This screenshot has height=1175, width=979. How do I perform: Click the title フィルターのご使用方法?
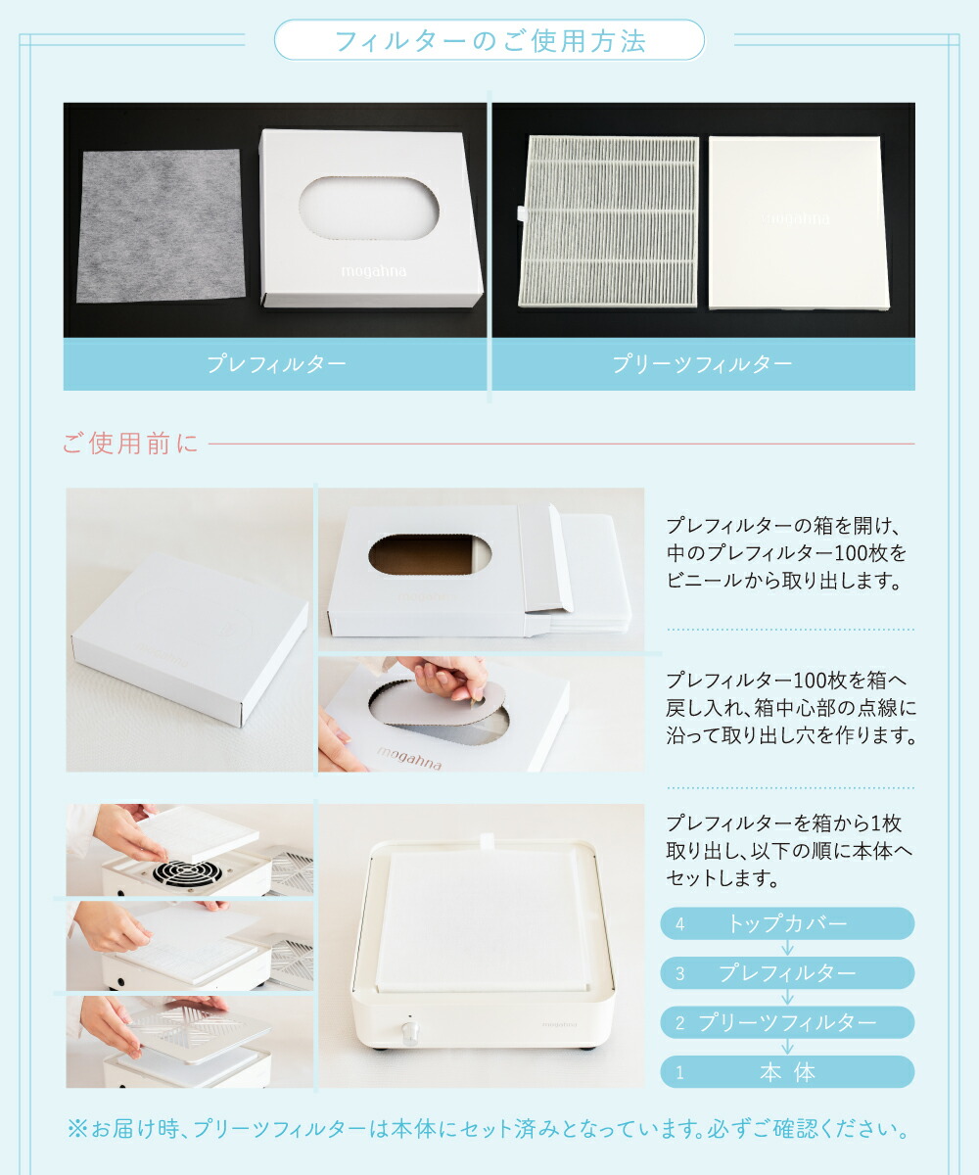tap(489, 41)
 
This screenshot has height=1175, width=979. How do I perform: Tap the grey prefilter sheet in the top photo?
tap(160, 225)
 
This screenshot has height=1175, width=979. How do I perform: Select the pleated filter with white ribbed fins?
tap(613, 222)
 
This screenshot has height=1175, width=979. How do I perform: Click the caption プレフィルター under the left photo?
tap(275, 364)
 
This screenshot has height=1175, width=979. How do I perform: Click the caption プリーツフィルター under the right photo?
tap(702, 364)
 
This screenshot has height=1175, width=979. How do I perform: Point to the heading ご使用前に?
tap(130, 444)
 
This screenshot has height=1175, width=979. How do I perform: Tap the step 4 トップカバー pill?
tap(787, 923)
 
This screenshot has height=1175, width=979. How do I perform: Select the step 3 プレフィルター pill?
tap(787, 972)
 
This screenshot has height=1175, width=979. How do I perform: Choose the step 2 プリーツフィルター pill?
tap(787, 1022)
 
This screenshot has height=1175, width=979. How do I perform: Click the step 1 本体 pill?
tap(787, 1071)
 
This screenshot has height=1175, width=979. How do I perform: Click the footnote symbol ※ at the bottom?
tap(77, 1130)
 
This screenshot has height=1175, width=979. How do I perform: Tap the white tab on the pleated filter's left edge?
tap(517, 211)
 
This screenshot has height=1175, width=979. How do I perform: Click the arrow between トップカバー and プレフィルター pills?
tap(787, 948)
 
